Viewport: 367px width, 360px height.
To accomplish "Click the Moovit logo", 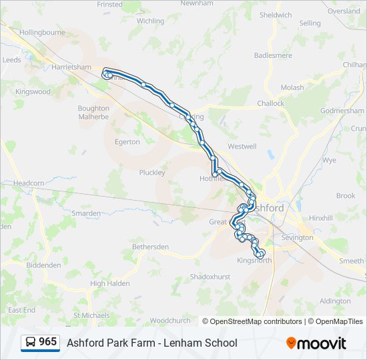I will (x=316, y=343).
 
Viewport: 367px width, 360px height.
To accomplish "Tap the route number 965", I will (x=47, y=341).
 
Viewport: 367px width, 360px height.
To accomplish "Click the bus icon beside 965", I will (x=31, y=342).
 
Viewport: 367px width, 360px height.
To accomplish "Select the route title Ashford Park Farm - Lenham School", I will (x=151, y=343).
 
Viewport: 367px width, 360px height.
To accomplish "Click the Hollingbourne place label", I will (x=43, y=32).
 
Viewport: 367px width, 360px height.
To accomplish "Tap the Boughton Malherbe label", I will (x=93, y=112).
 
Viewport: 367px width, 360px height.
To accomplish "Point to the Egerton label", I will (x=127, y=142).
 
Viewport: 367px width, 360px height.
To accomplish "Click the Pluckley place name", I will (x=152, y=173).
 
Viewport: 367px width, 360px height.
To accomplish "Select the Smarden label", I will (x=86, y=213).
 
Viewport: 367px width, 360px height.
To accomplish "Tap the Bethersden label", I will (x=150, y=247).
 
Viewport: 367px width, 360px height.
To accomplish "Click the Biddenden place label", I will (x=43, y=265).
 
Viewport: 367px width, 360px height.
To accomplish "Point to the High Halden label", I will (x=109, y=283).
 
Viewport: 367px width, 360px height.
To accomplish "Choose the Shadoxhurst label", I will (x=210, y=276).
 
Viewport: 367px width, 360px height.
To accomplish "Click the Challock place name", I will (x=270, y=103).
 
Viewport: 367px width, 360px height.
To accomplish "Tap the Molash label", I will (x=292, y=87).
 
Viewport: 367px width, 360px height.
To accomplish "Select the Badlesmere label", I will (x=274, y=55).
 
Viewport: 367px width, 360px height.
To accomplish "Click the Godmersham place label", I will (x=342, y=111).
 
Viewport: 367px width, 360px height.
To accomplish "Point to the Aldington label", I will (x=335, y=301).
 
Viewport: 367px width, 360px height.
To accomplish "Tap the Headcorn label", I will (x=28, y=183).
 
